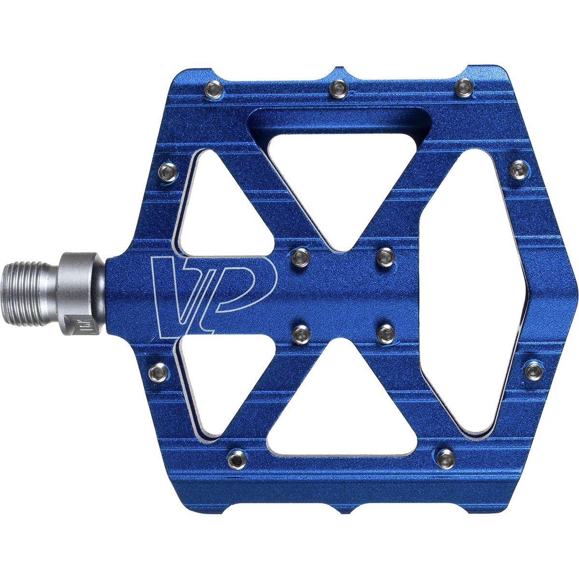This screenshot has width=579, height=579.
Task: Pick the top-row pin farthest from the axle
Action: click(465, 86)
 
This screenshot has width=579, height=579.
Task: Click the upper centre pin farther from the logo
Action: click(386, 256)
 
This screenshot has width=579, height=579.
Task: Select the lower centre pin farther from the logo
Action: click(386, 333)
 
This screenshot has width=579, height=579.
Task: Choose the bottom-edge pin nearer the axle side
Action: click(236, 455)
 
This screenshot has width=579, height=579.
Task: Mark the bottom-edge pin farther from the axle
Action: click(446, 455)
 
